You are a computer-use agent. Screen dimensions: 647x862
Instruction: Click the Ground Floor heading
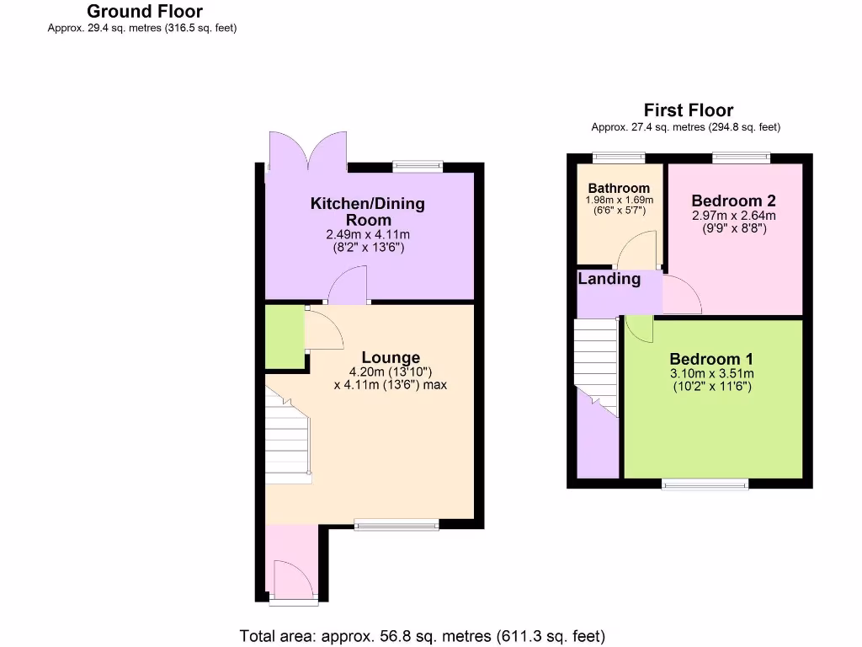coord(145,11)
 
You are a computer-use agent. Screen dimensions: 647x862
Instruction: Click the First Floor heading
coord(688,110)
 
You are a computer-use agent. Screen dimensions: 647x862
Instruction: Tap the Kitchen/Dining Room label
coord(368,211)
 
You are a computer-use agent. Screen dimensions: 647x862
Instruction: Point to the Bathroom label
coord(619,188)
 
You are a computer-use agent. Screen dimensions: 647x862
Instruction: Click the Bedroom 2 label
coord(733,201)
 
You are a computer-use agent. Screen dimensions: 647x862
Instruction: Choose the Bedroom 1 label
coord(711,358)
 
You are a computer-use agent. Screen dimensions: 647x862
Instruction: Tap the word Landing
coord(609,279)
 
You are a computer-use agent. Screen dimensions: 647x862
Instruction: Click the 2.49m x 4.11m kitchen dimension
coord(368,235)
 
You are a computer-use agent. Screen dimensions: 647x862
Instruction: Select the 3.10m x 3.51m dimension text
coord(711,374)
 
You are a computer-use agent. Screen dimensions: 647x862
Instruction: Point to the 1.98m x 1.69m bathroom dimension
coord(619,201)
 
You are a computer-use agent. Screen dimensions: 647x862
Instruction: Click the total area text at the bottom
coord(423,636)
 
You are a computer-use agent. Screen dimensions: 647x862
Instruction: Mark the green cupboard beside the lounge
coord(284,336)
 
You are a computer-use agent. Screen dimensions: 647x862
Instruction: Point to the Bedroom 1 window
coord(705,484)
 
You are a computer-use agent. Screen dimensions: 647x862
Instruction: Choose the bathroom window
coord(618,157)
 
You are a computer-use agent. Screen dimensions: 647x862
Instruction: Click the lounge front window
coord(396,526)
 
